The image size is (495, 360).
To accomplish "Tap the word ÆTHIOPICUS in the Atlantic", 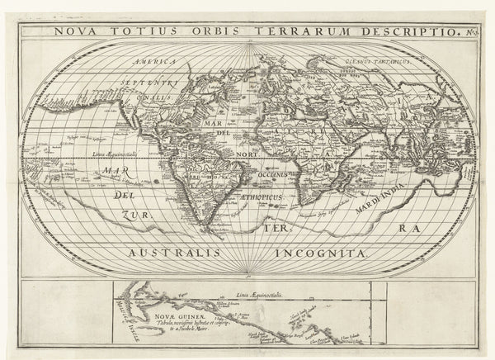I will pos(262,199).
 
